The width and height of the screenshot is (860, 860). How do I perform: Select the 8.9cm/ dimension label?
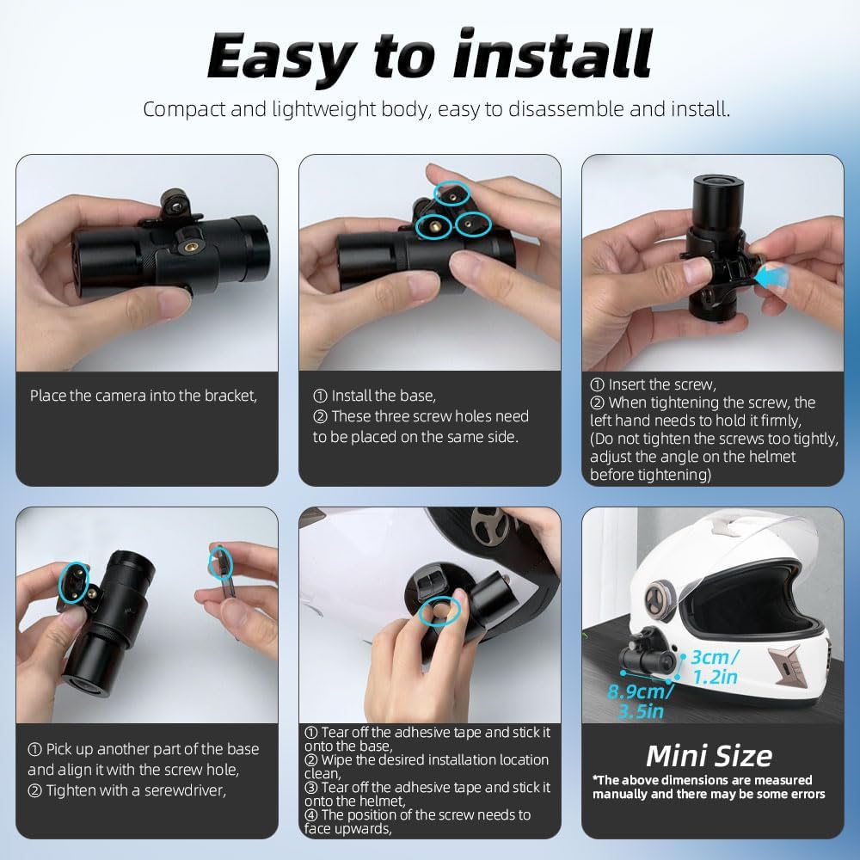click(x=640, y=691)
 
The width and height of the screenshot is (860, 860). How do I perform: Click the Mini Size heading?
click(x=709, y=756)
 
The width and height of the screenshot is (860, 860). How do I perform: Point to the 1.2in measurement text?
click(x=715, y=677)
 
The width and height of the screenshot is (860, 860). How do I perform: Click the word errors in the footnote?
click(x=804, y=794)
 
